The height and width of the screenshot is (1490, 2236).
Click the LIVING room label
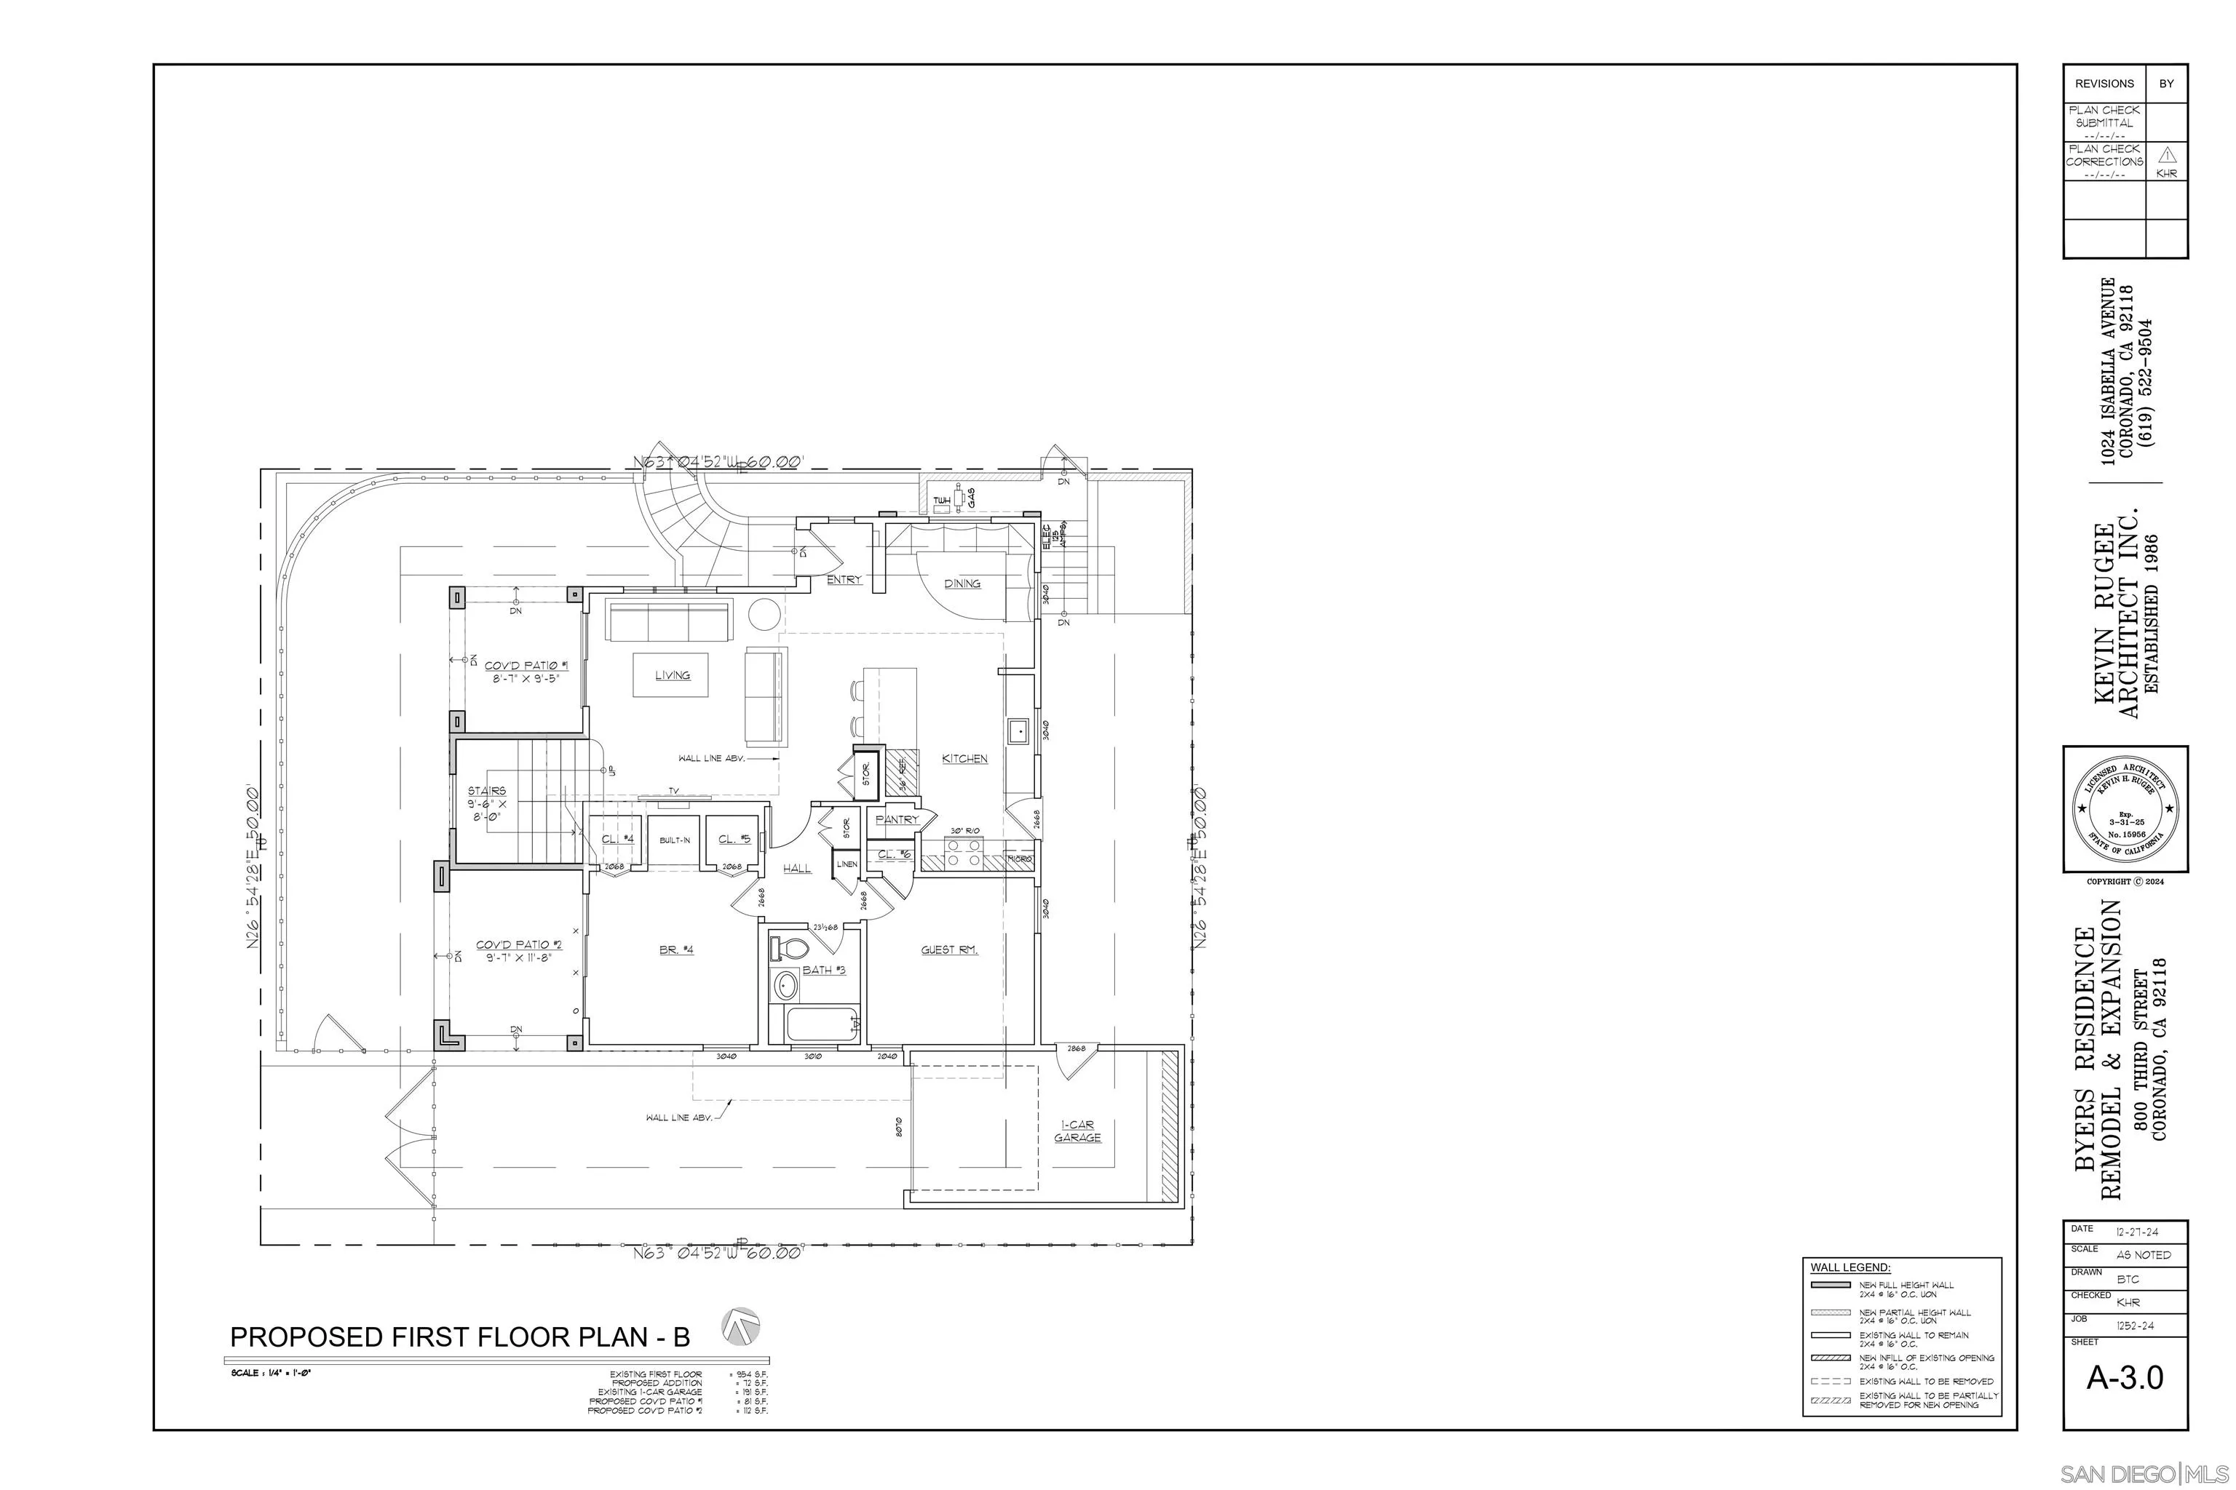point(672,676)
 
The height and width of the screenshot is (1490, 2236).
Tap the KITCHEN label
point(964,758)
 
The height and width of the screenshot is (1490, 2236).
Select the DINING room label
point(962,583)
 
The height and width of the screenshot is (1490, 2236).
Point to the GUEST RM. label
point(949,950)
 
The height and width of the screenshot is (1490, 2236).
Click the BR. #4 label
point(677,950)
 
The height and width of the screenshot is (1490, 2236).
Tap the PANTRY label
point(897,819)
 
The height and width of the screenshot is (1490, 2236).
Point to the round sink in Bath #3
point(786,984)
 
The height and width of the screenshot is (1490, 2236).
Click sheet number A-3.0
point(2125,1378)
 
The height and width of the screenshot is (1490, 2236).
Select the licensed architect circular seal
point(2125,809)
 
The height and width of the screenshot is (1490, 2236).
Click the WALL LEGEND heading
point(1850,1267)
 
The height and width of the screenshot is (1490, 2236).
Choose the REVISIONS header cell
point(2104,84)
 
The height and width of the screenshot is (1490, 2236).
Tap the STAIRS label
point(487,791)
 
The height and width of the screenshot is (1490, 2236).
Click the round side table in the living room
point(764,614)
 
